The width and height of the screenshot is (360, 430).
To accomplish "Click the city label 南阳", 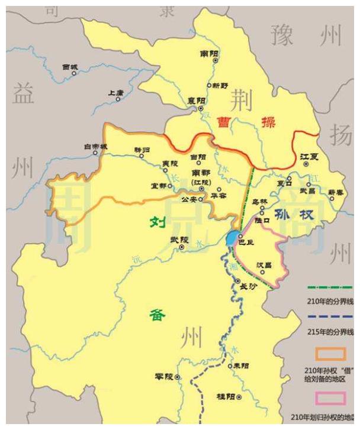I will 209,53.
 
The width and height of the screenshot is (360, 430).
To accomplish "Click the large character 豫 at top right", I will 282,36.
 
